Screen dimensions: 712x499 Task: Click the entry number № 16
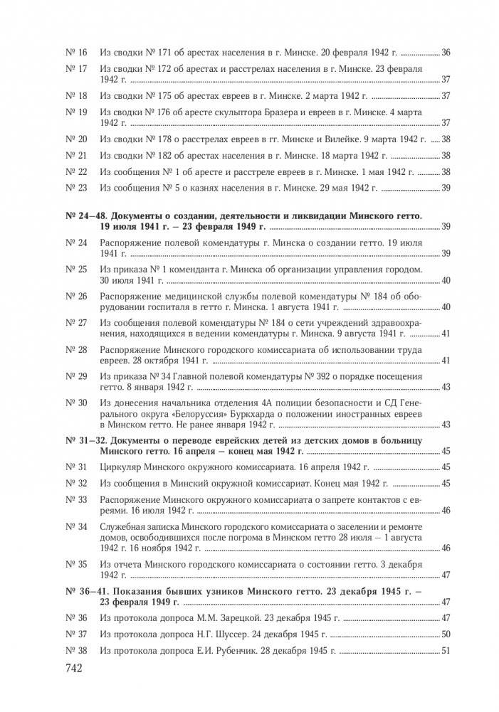75,53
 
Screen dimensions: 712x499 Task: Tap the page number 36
446,53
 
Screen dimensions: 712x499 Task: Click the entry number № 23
75,188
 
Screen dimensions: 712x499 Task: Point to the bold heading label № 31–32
90,441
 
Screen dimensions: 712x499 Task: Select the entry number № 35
75,564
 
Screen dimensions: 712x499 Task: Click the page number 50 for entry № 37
446,633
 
